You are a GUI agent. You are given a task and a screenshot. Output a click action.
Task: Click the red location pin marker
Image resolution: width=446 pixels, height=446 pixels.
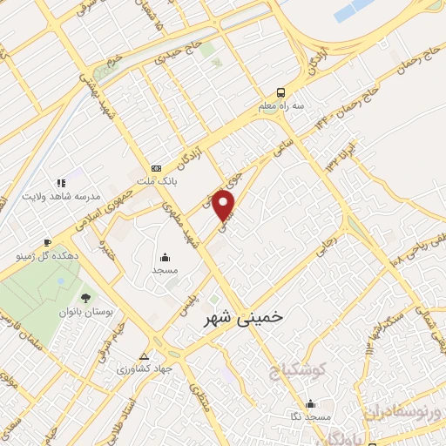pos(224,206)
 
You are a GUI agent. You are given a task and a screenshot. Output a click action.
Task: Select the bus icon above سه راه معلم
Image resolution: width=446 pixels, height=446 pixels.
pos(280,91)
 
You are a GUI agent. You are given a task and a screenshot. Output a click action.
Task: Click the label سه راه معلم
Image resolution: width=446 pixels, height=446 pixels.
pos(280,106)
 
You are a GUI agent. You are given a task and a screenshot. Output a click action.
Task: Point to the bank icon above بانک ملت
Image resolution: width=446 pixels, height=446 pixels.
pos(156,168)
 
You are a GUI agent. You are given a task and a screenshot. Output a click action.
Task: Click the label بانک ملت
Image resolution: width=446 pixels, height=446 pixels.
pos(153,182)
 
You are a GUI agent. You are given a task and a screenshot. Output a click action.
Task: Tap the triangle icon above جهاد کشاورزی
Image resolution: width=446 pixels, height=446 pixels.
pos(145,355)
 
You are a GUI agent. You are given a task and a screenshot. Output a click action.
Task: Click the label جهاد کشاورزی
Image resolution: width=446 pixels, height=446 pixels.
pos(145,369)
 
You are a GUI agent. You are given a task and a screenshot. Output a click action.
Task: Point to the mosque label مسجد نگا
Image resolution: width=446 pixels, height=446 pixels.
pos(311,417)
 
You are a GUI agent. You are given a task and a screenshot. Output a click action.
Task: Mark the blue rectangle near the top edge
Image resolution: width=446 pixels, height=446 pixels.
pos(352,10)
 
